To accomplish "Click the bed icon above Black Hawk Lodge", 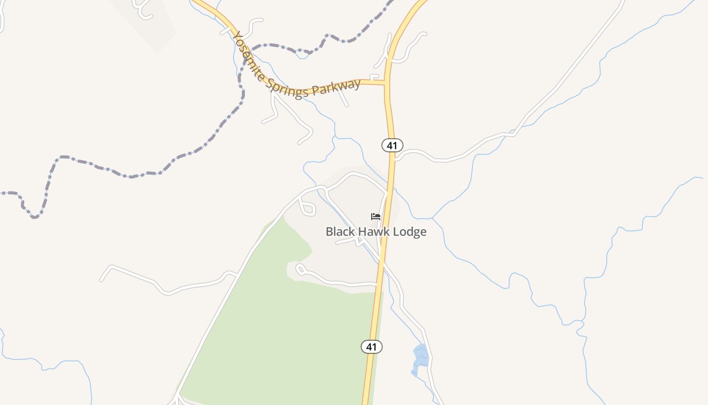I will point(375,217).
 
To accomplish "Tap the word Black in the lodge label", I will point(340,232).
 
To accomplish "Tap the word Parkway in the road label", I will point(336,87).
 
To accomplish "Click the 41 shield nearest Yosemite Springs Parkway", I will point(392,145).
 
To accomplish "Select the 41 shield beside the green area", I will point(371,347).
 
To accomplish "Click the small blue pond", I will point(420,357).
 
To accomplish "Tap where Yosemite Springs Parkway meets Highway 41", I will point(387,82).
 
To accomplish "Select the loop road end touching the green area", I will point(300,269).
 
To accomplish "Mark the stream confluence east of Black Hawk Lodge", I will point(432,218).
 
